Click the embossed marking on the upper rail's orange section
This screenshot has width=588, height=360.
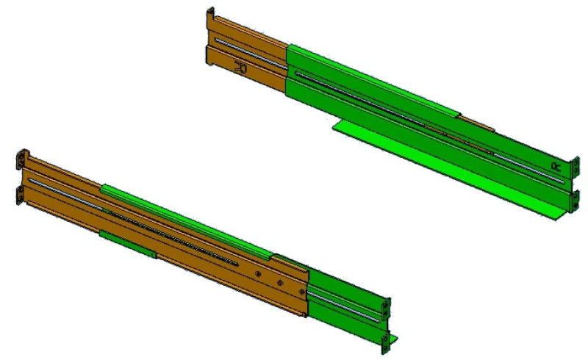pos(240,68)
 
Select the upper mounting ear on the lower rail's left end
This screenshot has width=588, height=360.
pos(21,159)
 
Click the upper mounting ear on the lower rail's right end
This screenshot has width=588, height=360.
pos(384,308)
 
